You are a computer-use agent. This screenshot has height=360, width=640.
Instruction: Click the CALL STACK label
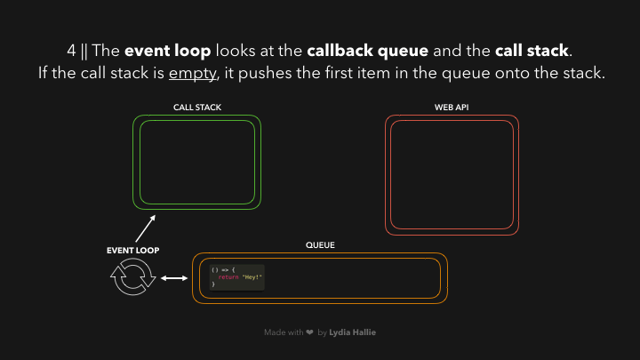(x=197, y=108)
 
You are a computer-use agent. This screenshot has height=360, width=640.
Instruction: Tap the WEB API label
(x=452, y=108)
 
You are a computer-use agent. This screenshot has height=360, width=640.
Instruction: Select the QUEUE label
(x=319, y=244)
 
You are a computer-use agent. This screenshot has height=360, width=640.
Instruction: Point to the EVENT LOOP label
(x=132, y=251)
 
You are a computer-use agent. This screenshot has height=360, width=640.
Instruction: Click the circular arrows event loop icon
(x=132, y=279)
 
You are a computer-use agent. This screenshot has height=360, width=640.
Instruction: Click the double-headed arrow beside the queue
(x=175, y=279)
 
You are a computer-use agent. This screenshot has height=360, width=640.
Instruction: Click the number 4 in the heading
(x=71, y=51)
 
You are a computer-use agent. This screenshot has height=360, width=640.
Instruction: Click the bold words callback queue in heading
(x=367, y=51)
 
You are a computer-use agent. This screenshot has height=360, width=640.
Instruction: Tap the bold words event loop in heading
(x=173, y=51)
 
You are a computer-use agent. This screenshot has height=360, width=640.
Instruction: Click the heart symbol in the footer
(x=308, y=332)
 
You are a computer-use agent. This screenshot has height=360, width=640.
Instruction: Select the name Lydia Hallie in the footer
(x=352, y=332)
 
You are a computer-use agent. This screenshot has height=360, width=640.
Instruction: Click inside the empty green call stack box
(x=197, y=162)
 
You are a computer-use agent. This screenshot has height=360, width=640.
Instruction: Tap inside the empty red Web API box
(x=452, y=173)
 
